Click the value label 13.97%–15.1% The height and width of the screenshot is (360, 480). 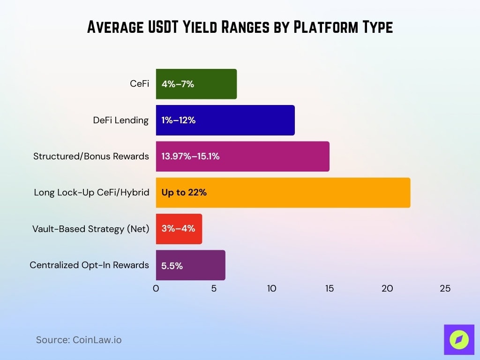pos(190,156)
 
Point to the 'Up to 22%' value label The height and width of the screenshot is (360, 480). pos(184,192)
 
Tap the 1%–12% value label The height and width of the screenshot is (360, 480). pos(178,120)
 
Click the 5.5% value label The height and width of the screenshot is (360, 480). pos(172,266)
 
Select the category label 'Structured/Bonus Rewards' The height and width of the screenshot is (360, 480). pos(91,156)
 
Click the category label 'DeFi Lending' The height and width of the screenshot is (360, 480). pos(120,120)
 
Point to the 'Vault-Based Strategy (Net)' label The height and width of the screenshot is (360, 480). pos(90,229)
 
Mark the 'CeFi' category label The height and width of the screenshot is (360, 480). pos(139,84)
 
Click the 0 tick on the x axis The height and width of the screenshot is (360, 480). pos(156,289)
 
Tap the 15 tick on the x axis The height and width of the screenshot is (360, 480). pos(330,289)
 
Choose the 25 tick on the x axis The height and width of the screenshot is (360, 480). pos(445,289)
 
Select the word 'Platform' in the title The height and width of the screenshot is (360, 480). pos(324,27)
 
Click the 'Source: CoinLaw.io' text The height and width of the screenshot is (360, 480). pos(79,340)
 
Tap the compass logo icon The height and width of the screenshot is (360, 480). pos(459,339)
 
